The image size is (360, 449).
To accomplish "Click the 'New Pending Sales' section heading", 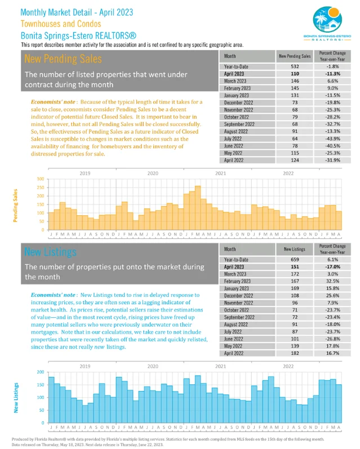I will tap(63, 59).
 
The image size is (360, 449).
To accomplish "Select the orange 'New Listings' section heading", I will tap(50, 251).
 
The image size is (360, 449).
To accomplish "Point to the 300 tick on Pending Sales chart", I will tap(40, 179).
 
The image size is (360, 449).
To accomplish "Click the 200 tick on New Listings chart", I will tap(40, 372).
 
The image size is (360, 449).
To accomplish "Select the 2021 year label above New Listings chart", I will tap(220, 366).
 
